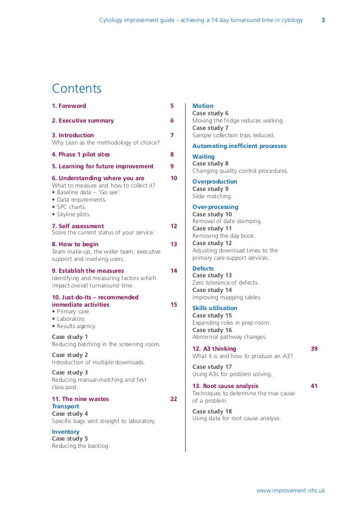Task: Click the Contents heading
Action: pyautogui.click(x=77, y=89)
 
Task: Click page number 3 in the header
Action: pyautogui.click(x=323, y=20)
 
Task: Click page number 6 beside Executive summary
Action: pyautogui.click(x=172, y=120)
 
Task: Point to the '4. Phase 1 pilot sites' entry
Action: pyautogui.click(x=81, y=154)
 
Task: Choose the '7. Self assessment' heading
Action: pyautogui.click(x=77, y=226)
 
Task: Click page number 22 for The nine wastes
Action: pyautogui.click(x=174, y=399)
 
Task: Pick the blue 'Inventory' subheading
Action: pyautogui.click(x=65, y=432)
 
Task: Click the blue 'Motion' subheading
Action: pyautogui.click(x=203, y=106)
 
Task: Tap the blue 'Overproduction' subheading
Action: pyautogui.click(x=215, y=182)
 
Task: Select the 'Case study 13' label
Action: pyautogui.click(x=212, y=276)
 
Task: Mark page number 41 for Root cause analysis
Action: pyautogui.click(x=314, y=386)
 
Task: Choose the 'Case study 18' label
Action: pyautogui.click(x=212, y=412)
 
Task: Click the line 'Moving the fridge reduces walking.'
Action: pyautogui.click(x=238, y=120)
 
